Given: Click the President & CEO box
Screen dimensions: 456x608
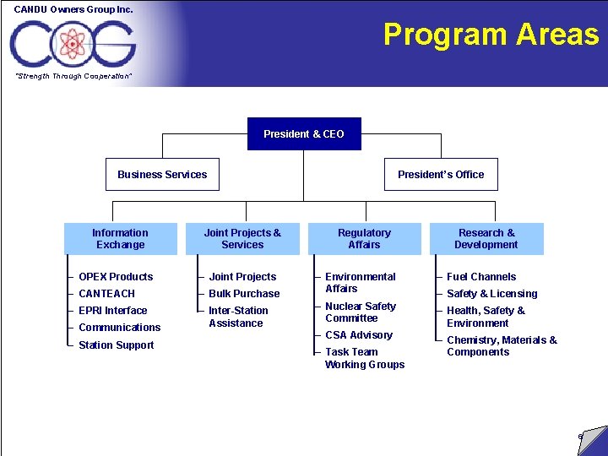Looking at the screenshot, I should point(304,134).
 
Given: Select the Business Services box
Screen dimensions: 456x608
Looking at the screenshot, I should point(162,175).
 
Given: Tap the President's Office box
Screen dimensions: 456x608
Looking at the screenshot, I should point(441,175).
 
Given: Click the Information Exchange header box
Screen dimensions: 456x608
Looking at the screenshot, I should point(120,239).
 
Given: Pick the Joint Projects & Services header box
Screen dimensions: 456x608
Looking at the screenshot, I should point(242,239).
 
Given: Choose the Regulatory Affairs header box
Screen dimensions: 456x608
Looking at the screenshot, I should point(364,239).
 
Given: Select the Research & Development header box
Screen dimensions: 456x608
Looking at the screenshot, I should point(486,239).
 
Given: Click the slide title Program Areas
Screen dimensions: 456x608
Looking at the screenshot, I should point(490,34).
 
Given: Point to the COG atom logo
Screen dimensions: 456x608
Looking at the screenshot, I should point(73,43).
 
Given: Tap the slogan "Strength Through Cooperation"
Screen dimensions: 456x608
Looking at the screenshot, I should point(74,76).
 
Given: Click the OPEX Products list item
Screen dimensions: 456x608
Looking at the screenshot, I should point(116,277).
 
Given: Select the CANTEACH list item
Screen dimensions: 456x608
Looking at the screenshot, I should point(106,294).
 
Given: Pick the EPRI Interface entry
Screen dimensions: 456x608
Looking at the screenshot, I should point(112,311).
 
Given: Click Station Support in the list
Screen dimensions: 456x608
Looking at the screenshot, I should point(116,345).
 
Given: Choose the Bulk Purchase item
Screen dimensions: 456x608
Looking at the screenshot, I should point(244,294).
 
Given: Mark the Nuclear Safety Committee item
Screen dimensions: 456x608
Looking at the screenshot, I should point(361,312).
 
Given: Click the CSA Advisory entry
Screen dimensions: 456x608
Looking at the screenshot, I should point(359,335).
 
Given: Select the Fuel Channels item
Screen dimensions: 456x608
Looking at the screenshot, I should point(481,277).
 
